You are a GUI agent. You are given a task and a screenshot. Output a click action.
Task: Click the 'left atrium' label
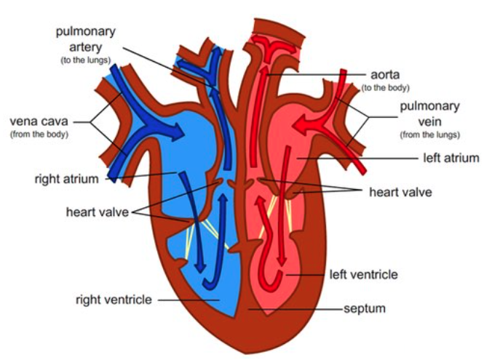point(451,157)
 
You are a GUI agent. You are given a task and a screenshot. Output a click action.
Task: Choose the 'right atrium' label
point(70,177)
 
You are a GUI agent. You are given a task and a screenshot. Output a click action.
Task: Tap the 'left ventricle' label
point(363,274)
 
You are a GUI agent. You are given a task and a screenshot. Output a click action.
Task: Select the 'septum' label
point(364,308)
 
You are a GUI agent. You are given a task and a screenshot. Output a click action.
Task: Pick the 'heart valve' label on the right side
point(400,193)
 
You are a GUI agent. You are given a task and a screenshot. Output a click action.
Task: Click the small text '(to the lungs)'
point(85,60)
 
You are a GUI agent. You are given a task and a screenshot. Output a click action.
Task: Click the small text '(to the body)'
point(385,88)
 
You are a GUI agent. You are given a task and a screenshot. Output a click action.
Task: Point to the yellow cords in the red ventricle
point(277,207)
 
